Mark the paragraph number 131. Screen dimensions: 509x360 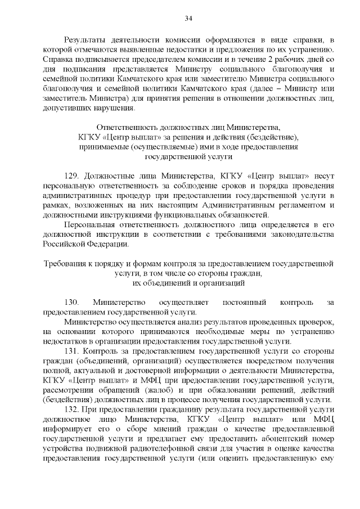point(71,351)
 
